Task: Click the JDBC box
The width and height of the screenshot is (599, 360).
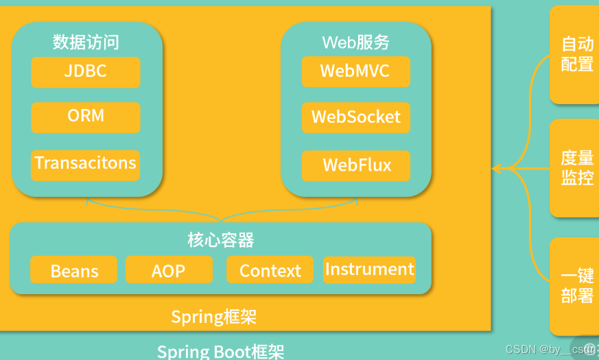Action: (86, 72)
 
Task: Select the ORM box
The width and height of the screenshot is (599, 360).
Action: (86, 117)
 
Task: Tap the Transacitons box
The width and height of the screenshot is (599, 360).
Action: (86, 165)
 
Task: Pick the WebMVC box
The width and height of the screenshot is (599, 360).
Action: (355, 71)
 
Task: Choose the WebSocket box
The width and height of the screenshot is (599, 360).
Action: (355, 117)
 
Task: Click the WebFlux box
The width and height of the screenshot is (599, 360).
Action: (356, 165)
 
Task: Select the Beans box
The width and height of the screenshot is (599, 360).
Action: (74, 270)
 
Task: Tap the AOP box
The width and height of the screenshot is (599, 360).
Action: (169, 270)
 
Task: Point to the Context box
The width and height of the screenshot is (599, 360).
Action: (270, 270)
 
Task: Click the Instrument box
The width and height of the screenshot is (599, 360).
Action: (369, 269)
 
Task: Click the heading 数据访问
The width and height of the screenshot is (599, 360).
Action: (86, 42)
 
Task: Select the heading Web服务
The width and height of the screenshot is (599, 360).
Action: (355, 43)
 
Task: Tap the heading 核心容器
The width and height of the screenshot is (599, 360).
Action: (220, 240)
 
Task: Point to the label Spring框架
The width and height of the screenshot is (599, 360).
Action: (213, 317)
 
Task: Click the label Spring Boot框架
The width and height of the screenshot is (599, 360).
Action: (220, 352)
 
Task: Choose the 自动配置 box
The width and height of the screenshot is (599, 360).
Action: (577, 54)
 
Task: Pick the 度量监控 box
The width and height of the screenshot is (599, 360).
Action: (577, 168)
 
